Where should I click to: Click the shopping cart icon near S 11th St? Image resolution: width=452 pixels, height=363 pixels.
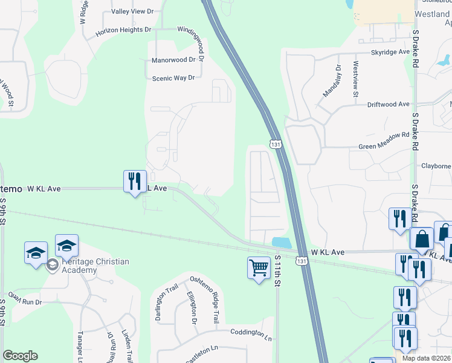(259, 267)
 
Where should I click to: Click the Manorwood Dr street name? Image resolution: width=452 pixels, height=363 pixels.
(173, 60)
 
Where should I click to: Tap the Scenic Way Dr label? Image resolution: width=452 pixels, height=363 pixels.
(173, 78)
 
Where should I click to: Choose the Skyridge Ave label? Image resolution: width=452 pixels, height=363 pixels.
(390, 53)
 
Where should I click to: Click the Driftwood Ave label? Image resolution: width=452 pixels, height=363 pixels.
(389, 104)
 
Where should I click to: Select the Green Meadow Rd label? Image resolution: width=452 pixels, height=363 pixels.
(384, 146)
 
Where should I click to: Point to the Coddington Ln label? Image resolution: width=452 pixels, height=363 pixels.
(251, 332)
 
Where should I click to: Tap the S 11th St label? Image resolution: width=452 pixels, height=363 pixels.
(278, 269)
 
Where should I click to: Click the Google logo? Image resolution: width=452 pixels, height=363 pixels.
(20, 356)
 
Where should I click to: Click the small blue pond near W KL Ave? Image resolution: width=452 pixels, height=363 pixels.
(282, 242)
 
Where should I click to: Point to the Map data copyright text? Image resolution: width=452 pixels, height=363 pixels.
(424, 358)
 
